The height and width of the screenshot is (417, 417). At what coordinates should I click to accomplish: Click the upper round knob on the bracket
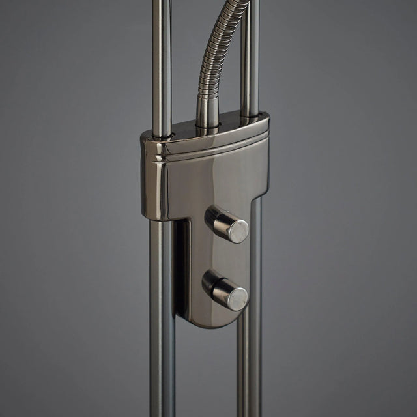(x=226, y=224)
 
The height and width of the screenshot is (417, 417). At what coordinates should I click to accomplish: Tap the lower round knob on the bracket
(x=225, y=289)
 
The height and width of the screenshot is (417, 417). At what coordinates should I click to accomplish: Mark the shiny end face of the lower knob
(x=238, y=298)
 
